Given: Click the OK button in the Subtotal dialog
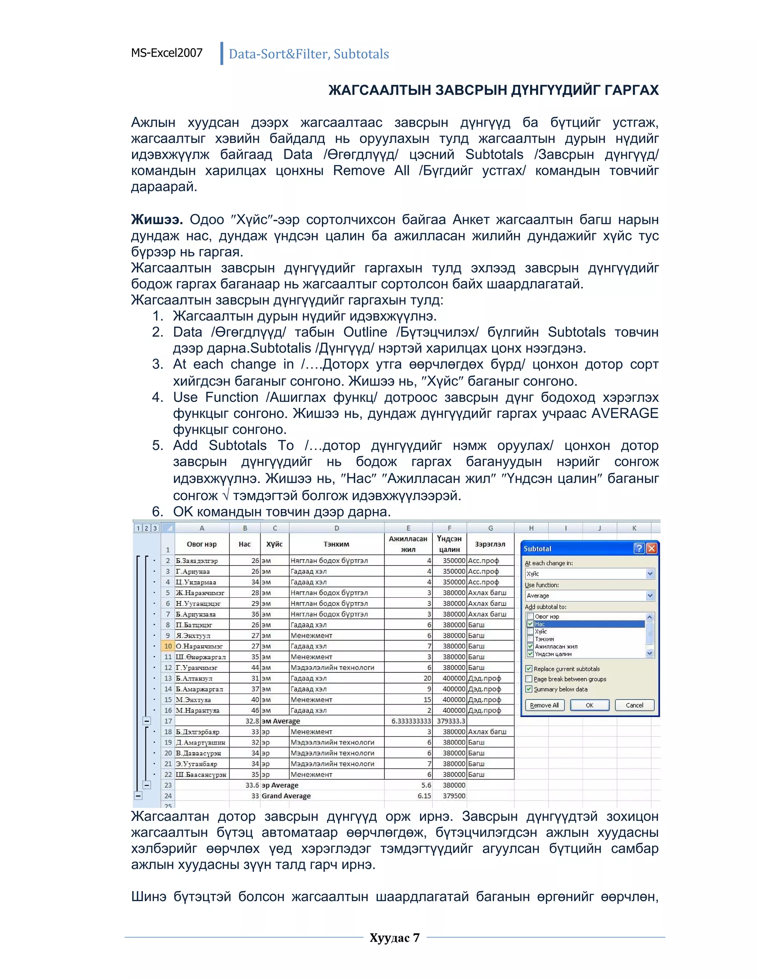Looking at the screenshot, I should pyautogui.click(x=589, y=705).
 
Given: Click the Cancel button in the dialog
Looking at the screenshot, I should pyautogui.click(x=634, y=705).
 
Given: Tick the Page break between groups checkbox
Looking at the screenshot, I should pyautogui.click(x=529, y=679).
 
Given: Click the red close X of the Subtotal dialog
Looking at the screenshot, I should pyautogui.click(x=652, y=548).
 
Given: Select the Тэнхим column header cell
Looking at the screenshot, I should pyautogui.click(x=336, y=544).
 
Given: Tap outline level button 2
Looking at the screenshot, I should pyautogui.click(x=146, y=528).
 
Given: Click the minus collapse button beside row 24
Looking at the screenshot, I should pyautogui.click(x=139, y=796).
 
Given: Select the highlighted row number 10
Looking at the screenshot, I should pyautogui.click(x=168, y=646).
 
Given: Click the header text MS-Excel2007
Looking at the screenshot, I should pyautogui.click(x=167, y=53).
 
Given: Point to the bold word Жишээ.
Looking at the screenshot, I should pyautogui.click(x=156, y=220).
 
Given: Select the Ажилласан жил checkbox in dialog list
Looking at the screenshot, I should pyautogui.click(x=530, y=647).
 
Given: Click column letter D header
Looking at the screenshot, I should pyautogui.click(x=336, y=528).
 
